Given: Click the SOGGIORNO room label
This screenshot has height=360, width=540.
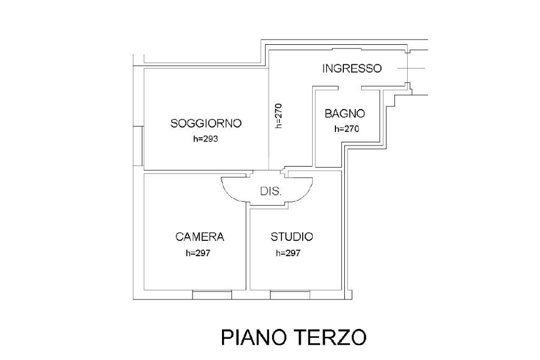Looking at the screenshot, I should [206, 124].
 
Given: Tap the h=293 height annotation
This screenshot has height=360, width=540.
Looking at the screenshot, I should [206, 140].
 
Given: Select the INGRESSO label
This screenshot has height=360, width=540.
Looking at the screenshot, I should [352, 69].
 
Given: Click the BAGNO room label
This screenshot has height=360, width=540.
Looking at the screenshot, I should [344, 113].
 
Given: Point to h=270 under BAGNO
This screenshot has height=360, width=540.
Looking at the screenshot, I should [346, 129].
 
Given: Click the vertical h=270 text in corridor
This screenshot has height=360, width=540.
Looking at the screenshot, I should [279, 115].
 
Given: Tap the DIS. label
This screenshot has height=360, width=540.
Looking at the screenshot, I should [271, 191].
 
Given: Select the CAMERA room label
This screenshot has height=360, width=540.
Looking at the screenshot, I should [200, 237].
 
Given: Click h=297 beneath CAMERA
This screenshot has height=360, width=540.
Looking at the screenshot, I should [198, 253].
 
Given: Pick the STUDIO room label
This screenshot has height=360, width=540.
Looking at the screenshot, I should [292, 237].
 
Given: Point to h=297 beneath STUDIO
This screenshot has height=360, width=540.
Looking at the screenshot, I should [288, 253].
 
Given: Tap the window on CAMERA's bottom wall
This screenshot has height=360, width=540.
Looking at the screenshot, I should [212, 294].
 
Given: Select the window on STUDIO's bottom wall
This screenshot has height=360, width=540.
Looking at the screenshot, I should [290, 294].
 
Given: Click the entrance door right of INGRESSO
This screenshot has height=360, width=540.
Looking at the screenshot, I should [410, 69].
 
